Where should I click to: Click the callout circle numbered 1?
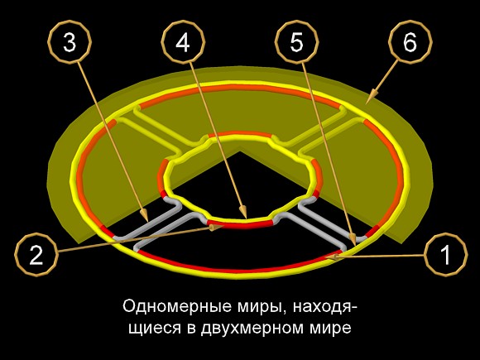446,253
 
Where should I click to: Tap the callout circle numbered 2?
36,255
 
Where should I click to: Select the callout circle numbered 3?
70,42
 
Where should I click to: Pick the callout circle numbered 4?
183,42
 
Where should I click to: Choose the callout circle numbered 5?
296,42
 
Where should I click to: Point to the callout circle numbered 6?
410,42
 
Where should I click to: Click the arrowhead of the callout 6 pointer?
372,96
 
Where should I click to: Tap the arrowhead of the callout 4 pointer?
243,211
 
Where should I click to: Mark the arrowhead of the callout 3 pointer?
145,215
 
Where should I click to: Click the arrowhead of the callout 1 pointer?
334,257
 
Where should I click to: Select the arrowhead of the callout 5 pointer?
353,238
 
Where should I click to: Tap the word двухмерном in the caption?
251,329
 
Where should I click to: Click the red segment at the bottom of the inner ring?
240,226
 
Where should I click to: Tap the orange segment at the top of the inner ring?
240,134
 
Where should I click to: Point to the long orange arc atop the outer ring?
240,89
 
